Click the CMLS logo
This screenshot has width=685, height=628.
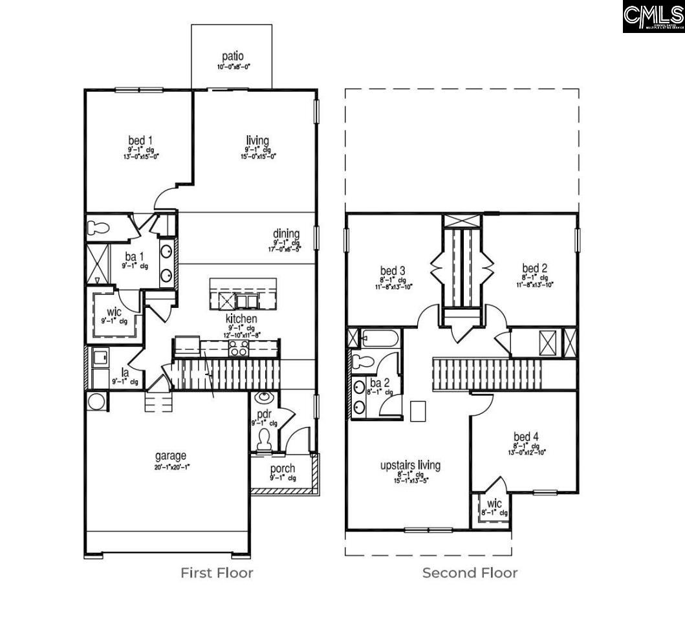tap(653, 17)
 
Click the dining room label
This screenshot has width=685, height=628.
tap(285, 234)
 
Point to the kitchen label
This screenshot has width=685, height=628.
tap(241, 319)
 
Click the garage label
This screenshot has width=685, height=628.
tap(171, 455)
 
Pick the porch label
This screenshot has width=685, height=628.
tap(283, 468)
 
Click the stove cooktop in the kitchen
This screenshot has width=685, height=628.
tap(239, 349)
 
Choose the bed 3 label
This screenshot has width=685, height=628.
tap(393, 270)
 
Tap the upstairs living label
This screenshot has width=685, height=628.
tap(410, 464)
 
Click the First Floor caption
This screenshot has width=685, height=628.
tap(217, 572)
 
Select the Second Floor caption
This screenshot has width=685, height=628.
tap(470, 572)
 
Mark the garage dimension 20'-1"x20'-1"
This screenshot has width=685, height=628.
tap(171, 466)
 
